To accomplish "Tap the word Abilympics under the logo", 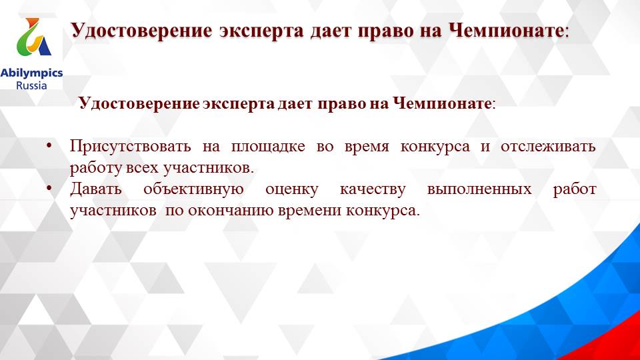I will point(31,73).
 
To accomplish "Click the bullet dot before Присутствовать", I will point(51,146).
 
